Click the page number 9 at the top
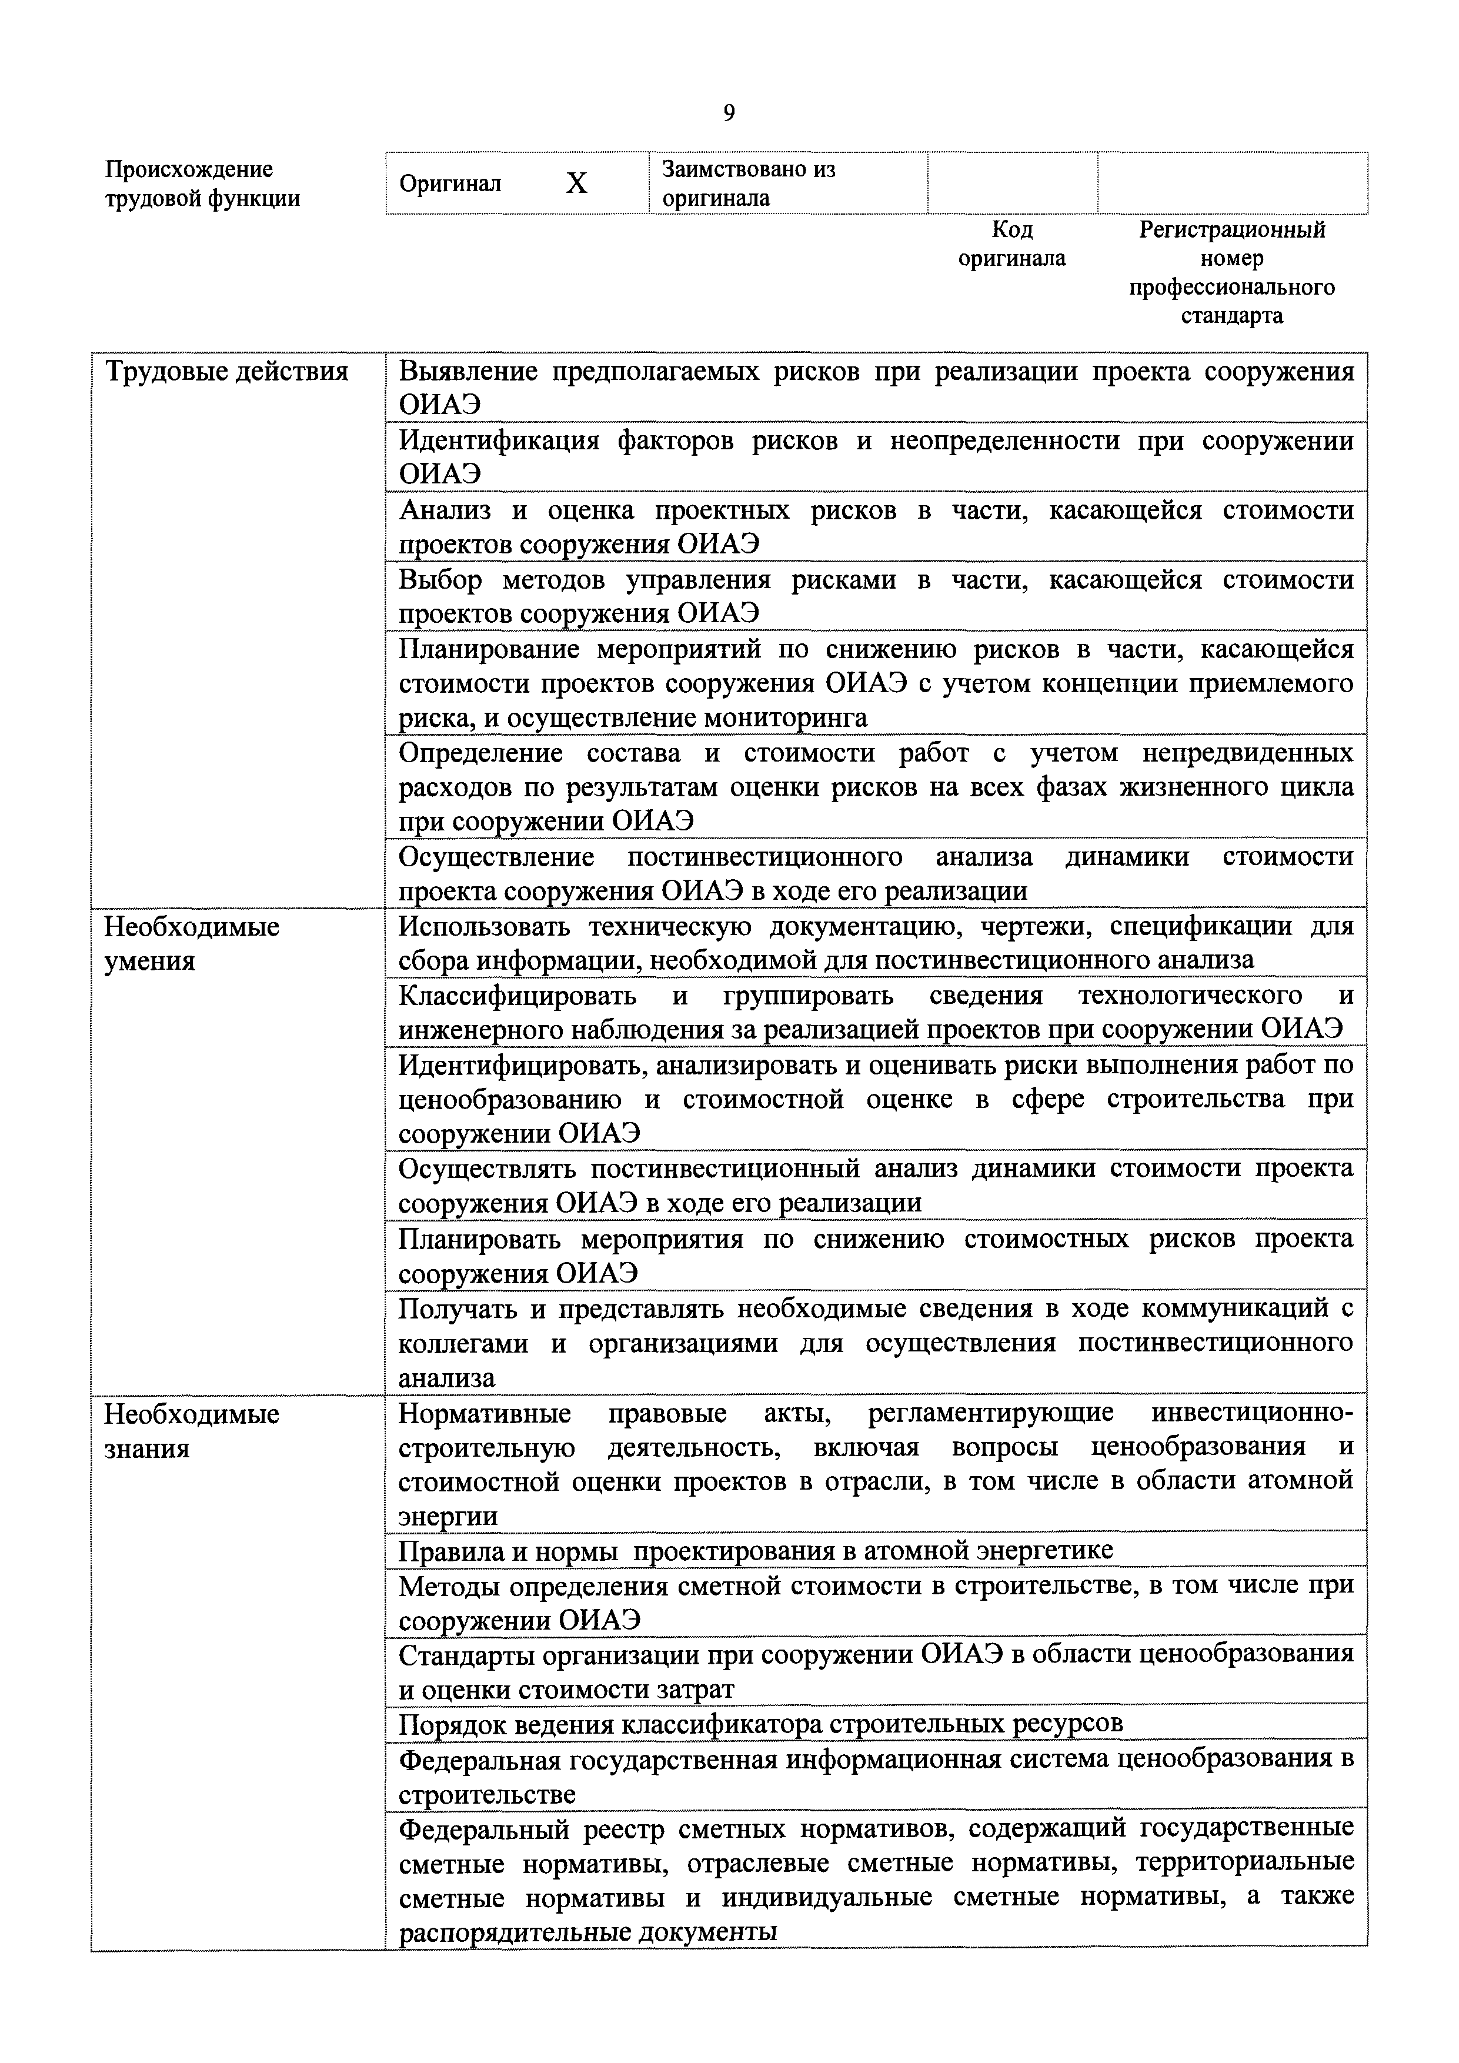pos(729,114)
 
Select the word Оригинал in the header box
pos(450,184)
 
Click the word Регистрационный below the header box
pos(1231,230)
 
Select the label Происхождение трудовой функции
pos(202,183)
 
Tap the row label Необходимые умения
pos(191,943)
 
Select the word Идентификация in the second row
pos(499,441)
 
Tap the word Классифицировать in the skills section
pos(516,996)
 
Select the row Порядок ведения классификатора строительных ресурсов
pos(760,1723)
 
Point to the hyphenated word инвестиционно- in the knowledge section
pos(1251,1413)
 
